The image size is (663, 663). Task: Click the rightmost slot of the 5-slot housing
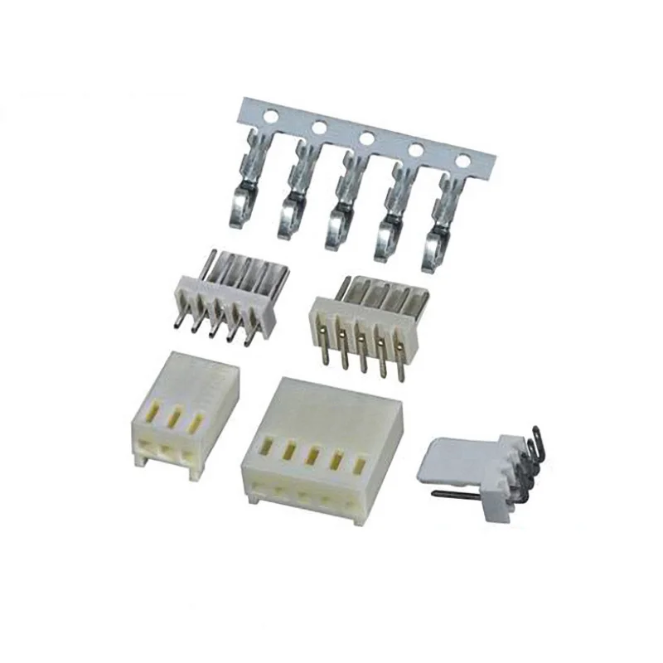361,466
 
